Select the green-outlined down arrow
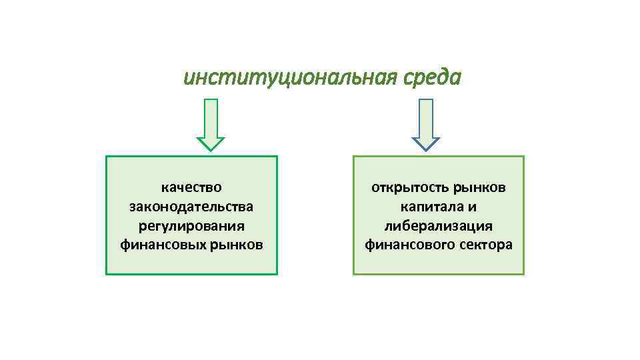[211, 123]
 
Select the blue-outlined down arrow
[425, 123]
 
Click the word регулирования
[191, 226]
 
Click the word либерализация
[439, 226]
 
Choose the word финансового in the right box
[409, 245]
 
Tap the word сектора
[486, 245]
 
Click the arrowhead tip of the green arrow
[211, 149]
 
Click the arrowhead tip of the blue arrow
[425, 149]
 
